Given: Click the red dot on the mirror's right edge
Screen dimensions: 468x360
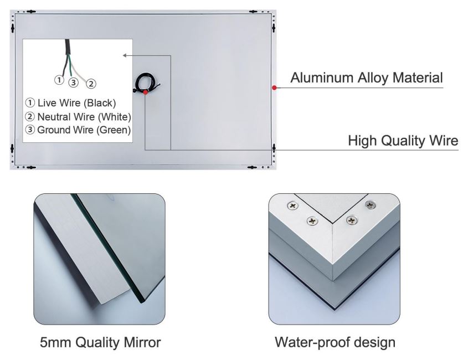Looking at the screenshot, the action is click(x=274, y=88).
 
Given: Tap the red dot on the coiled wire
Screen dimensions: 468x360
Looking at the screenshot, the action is click(x=145, y=92).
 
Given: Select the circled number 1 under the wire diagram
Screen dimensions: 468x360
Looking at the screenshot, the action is click(x=59, y=80).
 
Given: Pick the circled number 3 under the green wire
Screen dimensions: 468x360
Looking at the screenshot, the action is click(x=74, y=82).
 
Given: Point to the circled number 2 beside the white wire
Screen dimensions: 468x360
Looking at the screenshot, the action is click(x=91, y=84).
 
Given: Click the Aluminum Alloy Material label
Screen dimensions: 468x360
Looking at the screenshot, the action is click(x=367, y=78).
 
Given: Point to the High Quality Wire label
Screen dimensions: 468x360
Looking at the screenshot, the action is click(x=403, y=140).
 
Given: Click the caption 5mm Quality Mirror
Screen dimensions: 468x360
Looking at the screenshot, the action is click(x=100, y=342).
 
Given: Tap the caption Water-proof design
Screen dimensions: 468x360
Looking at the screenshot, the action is click(x=335, y=342).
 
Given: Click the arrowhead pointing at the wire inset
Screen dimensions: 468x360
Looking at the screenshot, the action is click(x=125, y=55).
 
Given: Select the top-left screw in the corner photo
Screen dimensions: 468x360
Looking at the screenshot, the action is click(x=292, y=205).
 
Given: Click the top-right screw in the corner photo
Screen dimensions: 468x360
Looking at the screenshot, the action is click(x=371, y=205).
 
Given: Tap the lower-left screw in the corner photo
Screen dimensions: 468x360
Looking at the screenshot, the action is click(x=312, y=221).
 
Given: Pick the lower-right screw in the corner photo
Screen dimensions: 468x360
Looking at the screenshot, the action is click(x=352, y=220).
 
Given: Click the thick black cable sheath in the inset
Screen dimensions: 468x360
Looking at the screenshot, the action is click(x=68, y=47).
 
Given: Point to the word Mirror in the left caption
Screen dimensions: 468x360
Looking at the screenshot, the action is click(x=142, y=342).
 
